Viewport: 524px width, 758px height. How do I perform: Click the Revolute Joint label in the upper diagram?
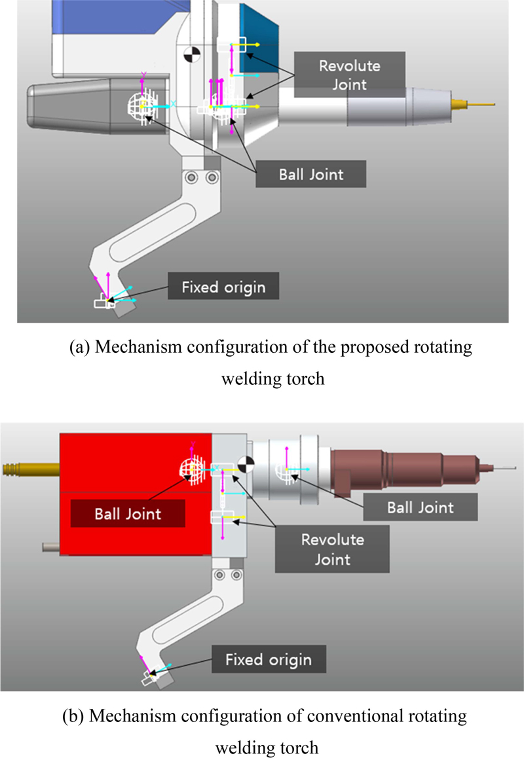[x=349, y=75]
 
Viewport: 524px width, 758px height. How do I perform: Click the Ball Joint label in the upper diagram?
[x=310, y=175]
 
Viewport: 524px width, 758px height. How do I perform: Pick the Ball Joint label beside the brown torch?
[x=419, y=506]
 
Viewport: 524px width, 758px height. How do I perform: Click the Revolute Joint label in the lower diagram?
[x=333, y=549]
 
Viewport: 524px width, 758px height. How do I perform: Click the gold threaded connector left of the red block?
[x=29, y=469]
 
